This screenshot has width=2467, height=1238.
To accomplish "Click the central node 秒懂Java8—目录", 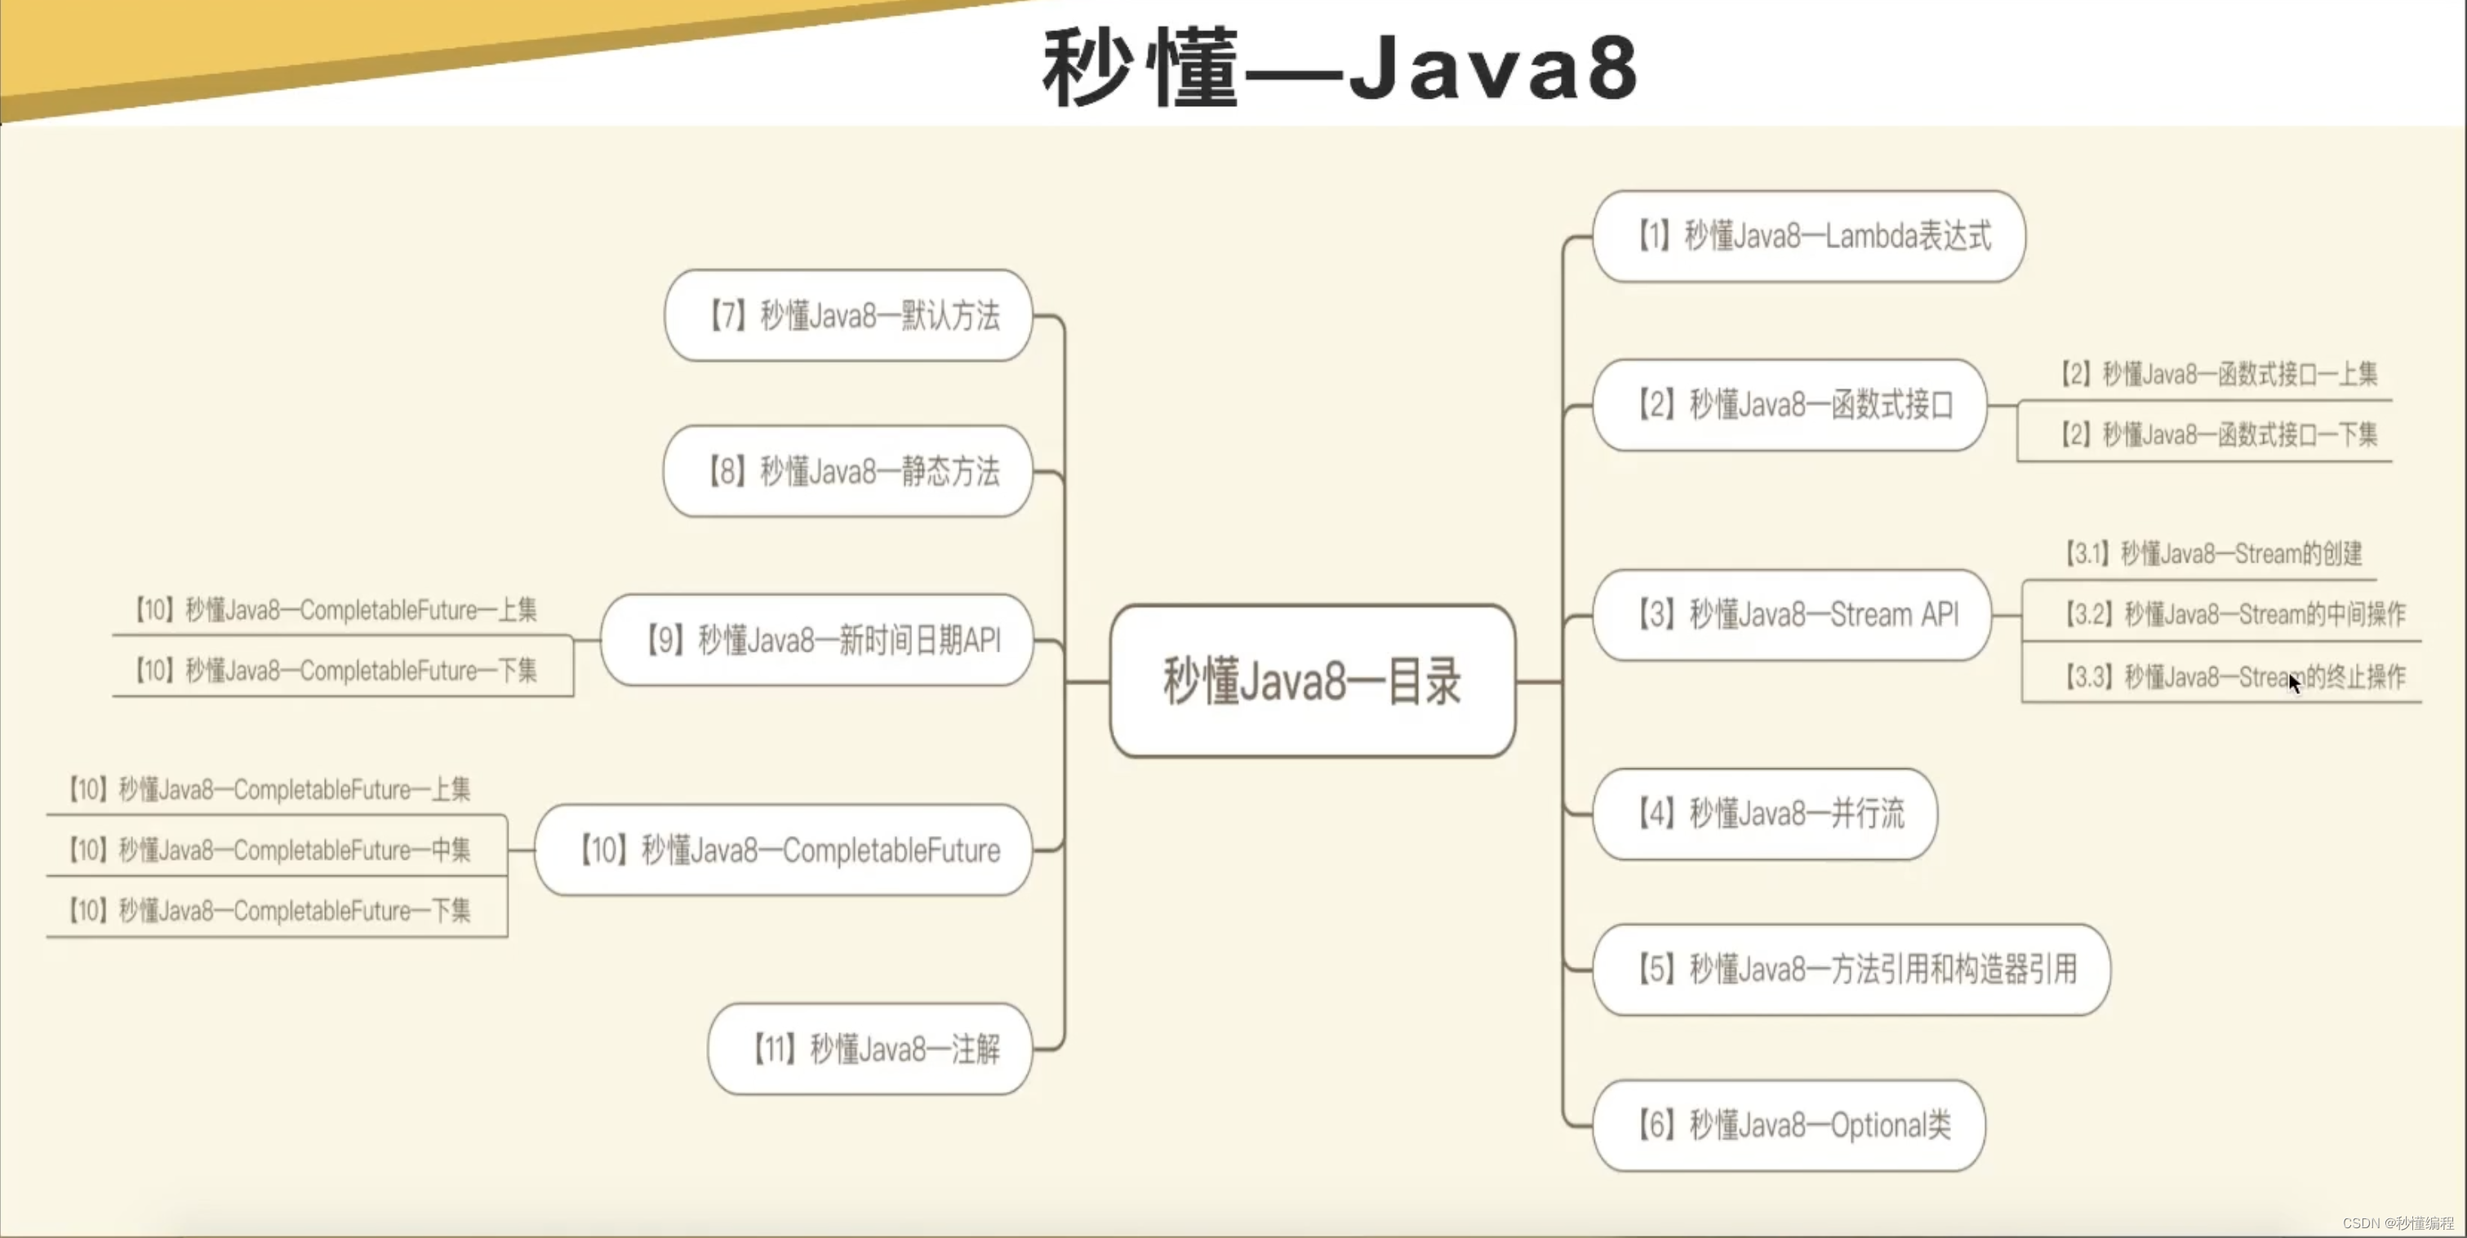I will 1312,681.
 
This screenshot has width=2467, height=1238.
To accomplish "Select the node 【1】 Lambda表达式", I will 1808,236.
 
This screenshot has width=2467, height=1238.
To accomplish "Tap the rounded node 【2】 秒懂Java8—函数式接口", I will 1789,404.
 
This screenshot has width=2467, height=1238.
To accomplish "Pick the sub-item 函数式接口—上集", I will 2218,374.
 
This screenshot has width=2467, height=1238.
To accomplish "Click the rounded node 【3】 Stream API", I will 1791,614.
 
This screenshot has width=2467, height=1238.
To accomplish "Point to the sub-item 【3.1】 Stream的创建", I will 2212,554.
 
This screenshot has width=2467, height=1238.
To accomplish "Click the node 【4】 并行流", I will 1764,813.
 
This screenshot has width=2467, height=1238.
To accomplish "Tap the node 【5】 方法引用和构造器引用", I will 1850,969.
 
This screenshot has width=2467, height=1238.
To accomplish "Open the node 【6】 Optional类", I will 1789,1125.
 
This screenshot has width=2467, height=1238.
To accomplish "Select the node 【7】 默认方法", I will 848,315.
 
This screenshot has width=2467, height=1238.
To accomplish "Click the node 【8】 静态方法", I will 848,471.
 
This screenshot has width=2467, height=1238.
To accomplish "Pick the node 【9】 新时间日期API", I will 817,639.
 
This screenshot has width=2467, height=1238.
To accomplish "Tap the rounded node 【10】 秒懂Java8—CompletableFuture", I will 784,850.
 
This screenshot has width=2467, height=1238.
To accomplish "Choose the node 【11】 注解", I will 869,1049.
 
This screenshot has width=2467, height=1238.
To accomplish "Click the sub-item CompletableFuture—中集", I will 270,850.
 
